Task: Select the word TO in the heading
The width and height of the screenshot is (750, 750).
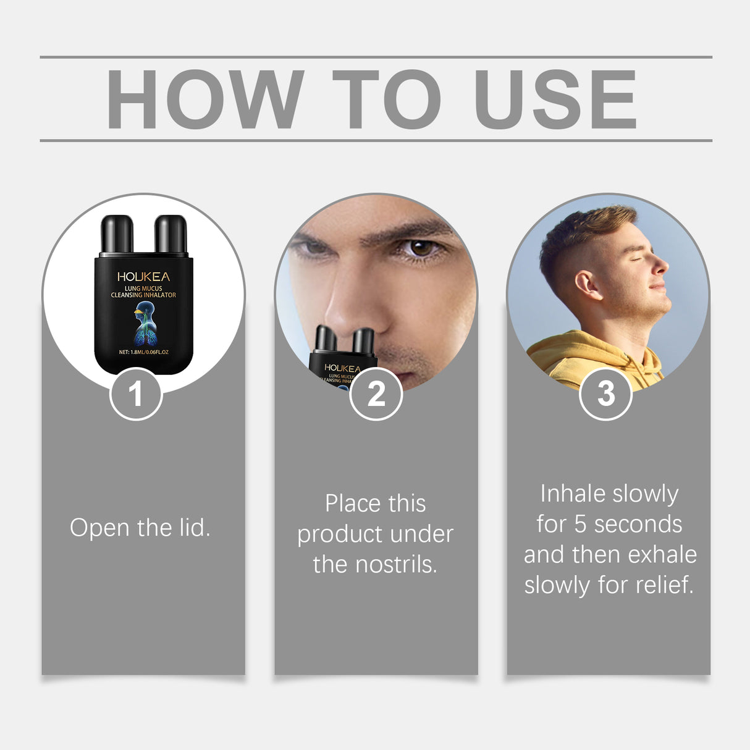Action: pos(387,99)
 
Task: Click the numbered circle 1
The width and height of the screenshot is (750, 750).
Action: pos(136,394)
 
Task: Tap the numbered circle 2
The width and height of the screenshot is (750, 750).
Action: pos(376,394)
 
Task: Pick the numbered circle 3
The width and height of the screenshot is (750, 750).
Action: pos(605,394)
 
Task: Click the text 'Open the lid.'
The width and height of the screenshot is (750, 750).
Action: pos(140,528)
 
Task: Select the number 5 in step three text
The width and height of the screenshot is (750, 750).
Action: pos(580,524)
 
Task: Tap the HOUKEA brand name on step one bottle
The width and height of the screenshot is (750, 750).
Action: pos(143,277)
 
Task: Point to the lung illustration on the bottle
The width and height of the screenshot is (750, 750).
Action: pos(145,324)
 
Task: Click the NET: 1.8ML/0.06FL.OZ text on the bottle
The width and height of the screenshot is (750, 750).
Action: pos(143,352)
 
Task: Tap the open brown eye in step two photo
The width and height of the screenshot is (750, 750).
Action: pos(423,248)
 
